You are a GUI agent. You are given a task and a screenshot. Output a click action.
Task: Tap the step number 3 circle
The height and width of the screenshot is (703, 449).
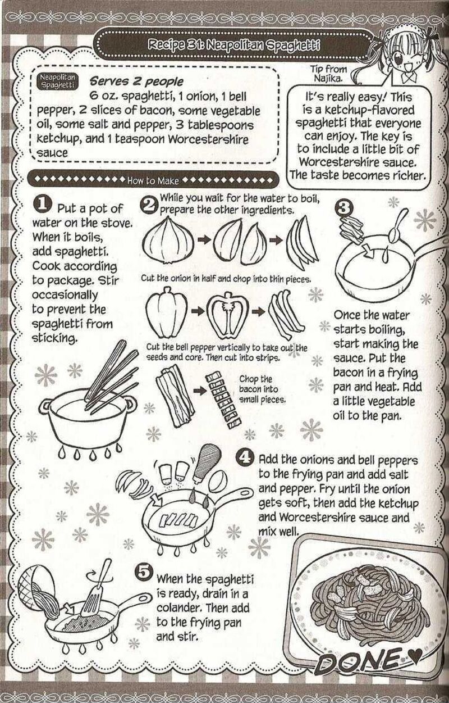point(343,208)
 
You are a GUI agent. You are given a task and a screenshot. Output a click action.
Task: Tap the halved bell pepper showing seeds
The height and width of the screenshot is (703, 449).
point(228,311)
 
